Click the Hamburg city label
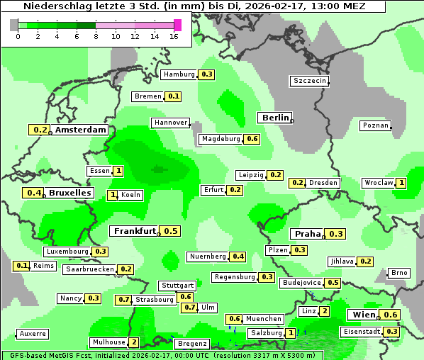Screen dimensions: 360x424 tap(178, 74)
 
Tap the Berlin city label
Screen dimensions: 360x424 tap(275, 118)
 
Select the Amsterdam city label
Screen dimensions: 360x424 tap(80, 130)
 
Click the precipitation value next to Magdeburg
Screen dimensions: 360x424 tap(252, 139)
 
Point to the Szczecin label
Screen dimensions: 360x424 tap(310, 81)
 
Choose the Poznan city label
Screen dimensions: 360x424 tap(376, 125)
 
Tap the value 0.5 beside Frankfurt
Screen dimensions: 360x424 tap(171, 231)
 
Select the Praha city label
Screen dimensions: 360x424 tap(308, 234)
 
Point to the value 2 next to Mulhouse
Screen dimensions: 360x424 tap(133, 342)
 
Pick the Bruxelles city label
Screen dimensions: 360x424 tap(69, 193)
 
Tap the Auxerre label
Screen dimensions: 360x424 tap(33, 333)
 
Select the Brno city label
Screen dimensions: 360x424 tap(399, 273)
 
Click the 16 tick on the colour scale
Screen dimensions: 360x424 tap(174, 36)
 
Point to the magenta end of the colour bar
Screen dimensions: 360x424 tap(177, 25)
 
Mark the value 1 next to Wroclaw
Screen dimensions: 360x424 tap(401, 183)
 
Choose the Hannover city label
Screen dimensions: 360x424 tap(170, 123)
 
